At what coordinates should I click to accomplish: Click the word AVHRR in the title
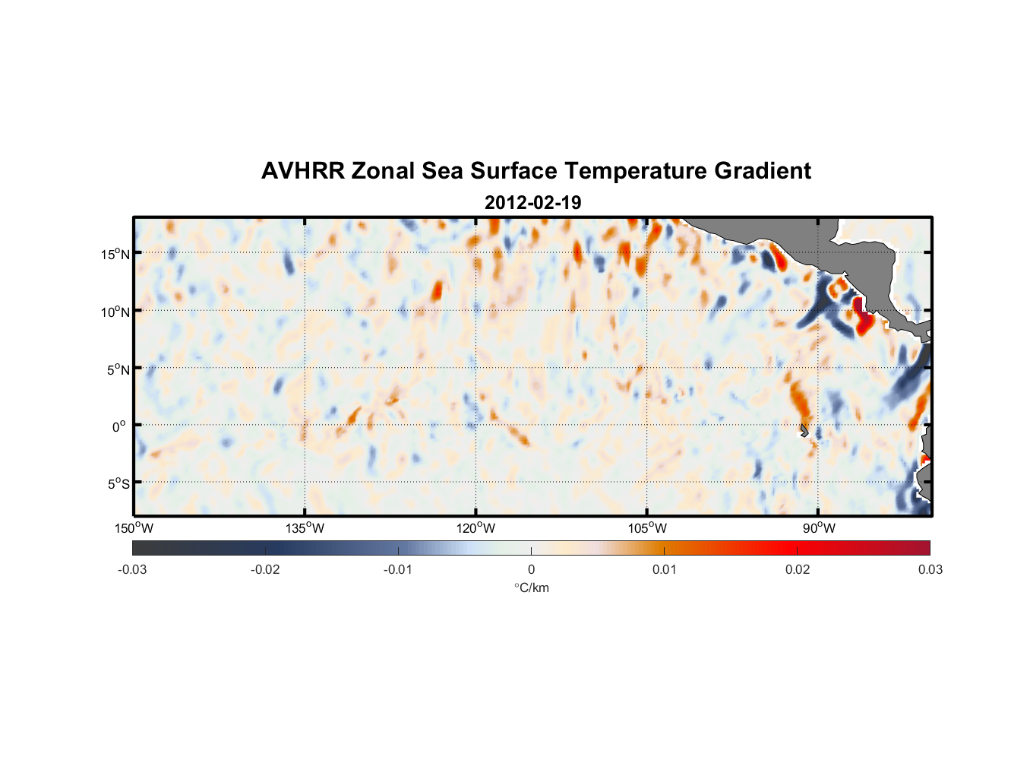(x=302, y=171)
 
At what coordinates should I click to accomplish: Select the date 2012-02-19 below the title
(x=532, y=203)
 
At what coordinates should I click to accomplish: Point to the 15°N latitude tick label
(x=115, y=254)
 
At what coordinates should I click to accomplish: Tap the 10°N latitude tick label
(x=115, y=312)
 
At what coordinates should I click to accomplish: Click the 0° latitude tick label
(x=118, y=426)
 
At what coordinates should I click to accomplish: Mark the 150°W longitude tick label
(x=134, y=528)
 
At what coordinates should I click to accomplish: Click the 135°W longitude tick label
(x=305, y=528)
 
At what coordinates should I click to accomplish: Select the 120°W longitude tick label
(x=476, y=528)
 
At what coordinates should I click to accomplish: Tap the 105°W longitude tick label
(x=647, y=528)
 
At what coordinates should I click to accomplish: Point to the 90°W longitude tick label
(x=818, y=528)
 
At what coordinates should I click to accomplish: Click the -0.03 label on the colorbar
(x=132, y=569)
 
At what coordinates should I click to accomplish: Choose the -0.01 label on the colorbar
(x=398, y=569)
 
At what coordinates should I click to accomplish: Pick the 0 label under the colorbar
(x=531, y=569)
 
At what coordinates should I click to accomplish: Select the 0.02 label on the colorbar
(x=798, y=569)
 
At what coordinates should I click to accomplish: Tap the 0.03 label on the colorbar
(x=930, y=569)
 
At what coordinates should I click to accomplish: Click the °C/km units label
(x=531, y=587)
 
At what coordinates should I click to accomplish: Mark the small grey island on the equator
(x=804, y=431)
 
